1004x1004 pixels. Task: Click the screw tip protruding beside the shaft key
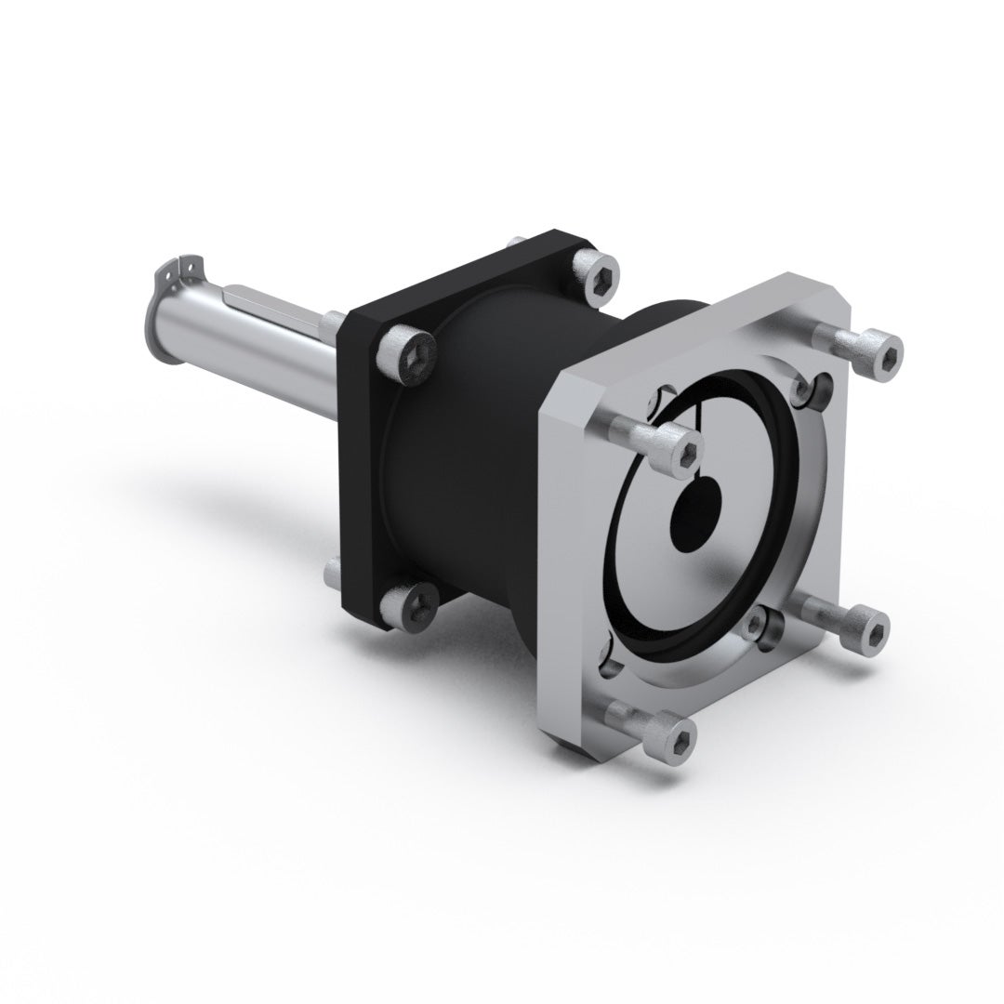332,320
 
